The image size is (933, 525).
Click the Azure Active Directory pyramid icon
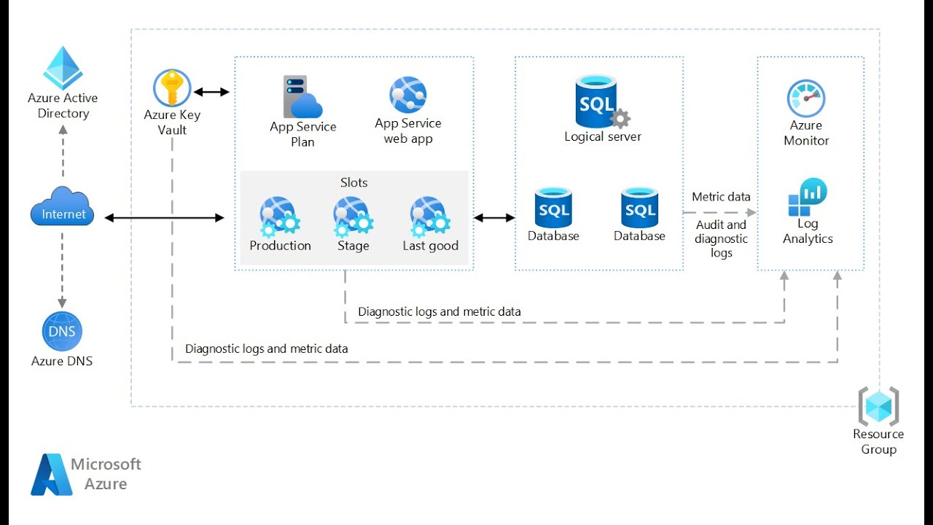(x=63, y=68)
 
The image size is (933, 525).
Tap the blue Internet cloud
(x=63, y=207)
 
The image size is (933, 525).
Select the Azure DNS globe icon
(x=62, y=332)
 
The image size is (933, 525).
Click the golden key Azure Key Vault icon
(x=172, y=88)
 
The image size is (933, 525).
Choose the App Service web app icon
(x=407, y=96)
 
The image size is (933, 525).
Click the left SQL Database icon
(x=553, y=208)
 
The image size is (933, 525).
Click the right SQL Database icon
(x=639, y=208)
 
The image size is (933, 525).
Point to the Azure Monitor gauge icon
(x=805, y=98)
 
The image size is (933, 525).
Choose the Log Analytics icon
(x=808, y=198)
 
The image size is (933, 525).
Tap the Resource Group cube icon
(x=878, y=406)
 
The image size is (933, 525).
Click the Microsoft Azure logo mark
(x=52, y=475)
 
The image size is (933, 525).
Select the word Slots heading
(x=354, y=182)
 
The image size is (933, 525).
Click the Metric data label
(x=721, y=197)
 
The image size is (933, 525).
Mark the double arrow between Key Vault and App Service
(x=211, y=92)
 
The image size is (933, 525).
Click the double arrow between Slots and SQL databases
(x=494, y=217)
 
